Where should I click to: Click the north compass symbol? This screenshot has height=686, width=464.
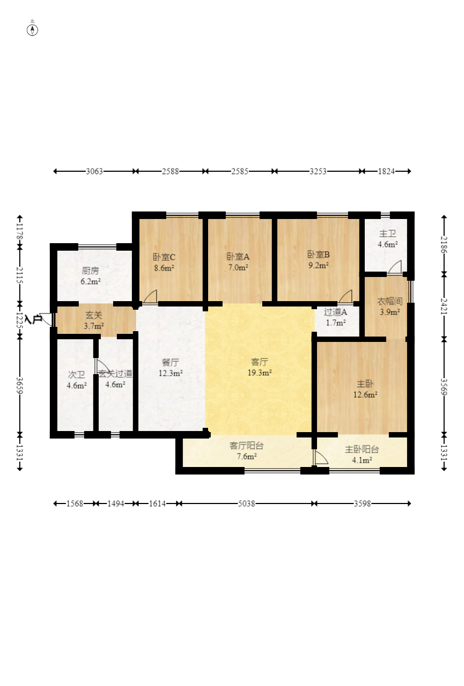coord(32,30)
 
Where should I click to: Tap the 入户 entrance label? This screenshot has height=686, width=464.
coord(33,319)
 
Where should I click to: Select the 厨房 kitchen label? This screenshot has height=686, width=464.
coord(90,271)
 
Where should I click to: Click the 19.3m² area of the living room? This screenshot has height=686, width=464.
coord(260,373)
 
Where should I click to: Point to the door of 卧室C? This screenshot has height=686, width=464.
coord(150,296)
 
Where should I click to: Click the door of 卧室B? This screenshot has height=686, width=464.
coord(345,296)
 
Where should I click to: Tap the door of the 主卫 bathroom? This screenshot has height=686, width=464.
coord(395,267)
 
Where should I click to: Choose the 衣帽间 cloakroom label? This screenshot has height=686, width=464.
coord(389,301)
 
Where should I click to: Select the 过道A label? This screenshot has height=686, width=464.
coord(335,312)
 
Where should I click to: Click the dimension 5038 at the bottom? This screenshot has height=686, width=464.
coord(246,503)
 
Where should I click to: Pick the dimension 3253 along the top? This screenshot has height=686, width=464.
coord(318,171)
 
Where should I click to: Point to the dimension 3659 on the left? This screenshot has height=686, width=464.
coord(20,385)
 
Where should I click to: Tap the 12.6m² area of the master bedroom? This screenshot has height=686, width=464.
coord(365,395)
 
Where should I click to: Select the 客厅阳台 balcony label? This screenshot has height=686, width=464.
coord(246,446)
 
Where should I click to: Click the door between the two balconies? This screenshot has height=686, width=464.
coord(320,457)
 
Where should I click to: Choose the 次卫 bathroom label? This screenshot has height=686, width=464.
coord(77,375)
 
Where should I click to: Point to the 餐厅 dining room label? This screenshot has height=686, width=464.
coord(171,362)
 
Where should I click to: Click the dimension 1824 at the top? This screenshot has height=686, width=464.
coord(386,171)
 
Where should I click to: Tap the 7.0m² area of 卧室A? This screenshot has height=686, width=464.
coord(238,267)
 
